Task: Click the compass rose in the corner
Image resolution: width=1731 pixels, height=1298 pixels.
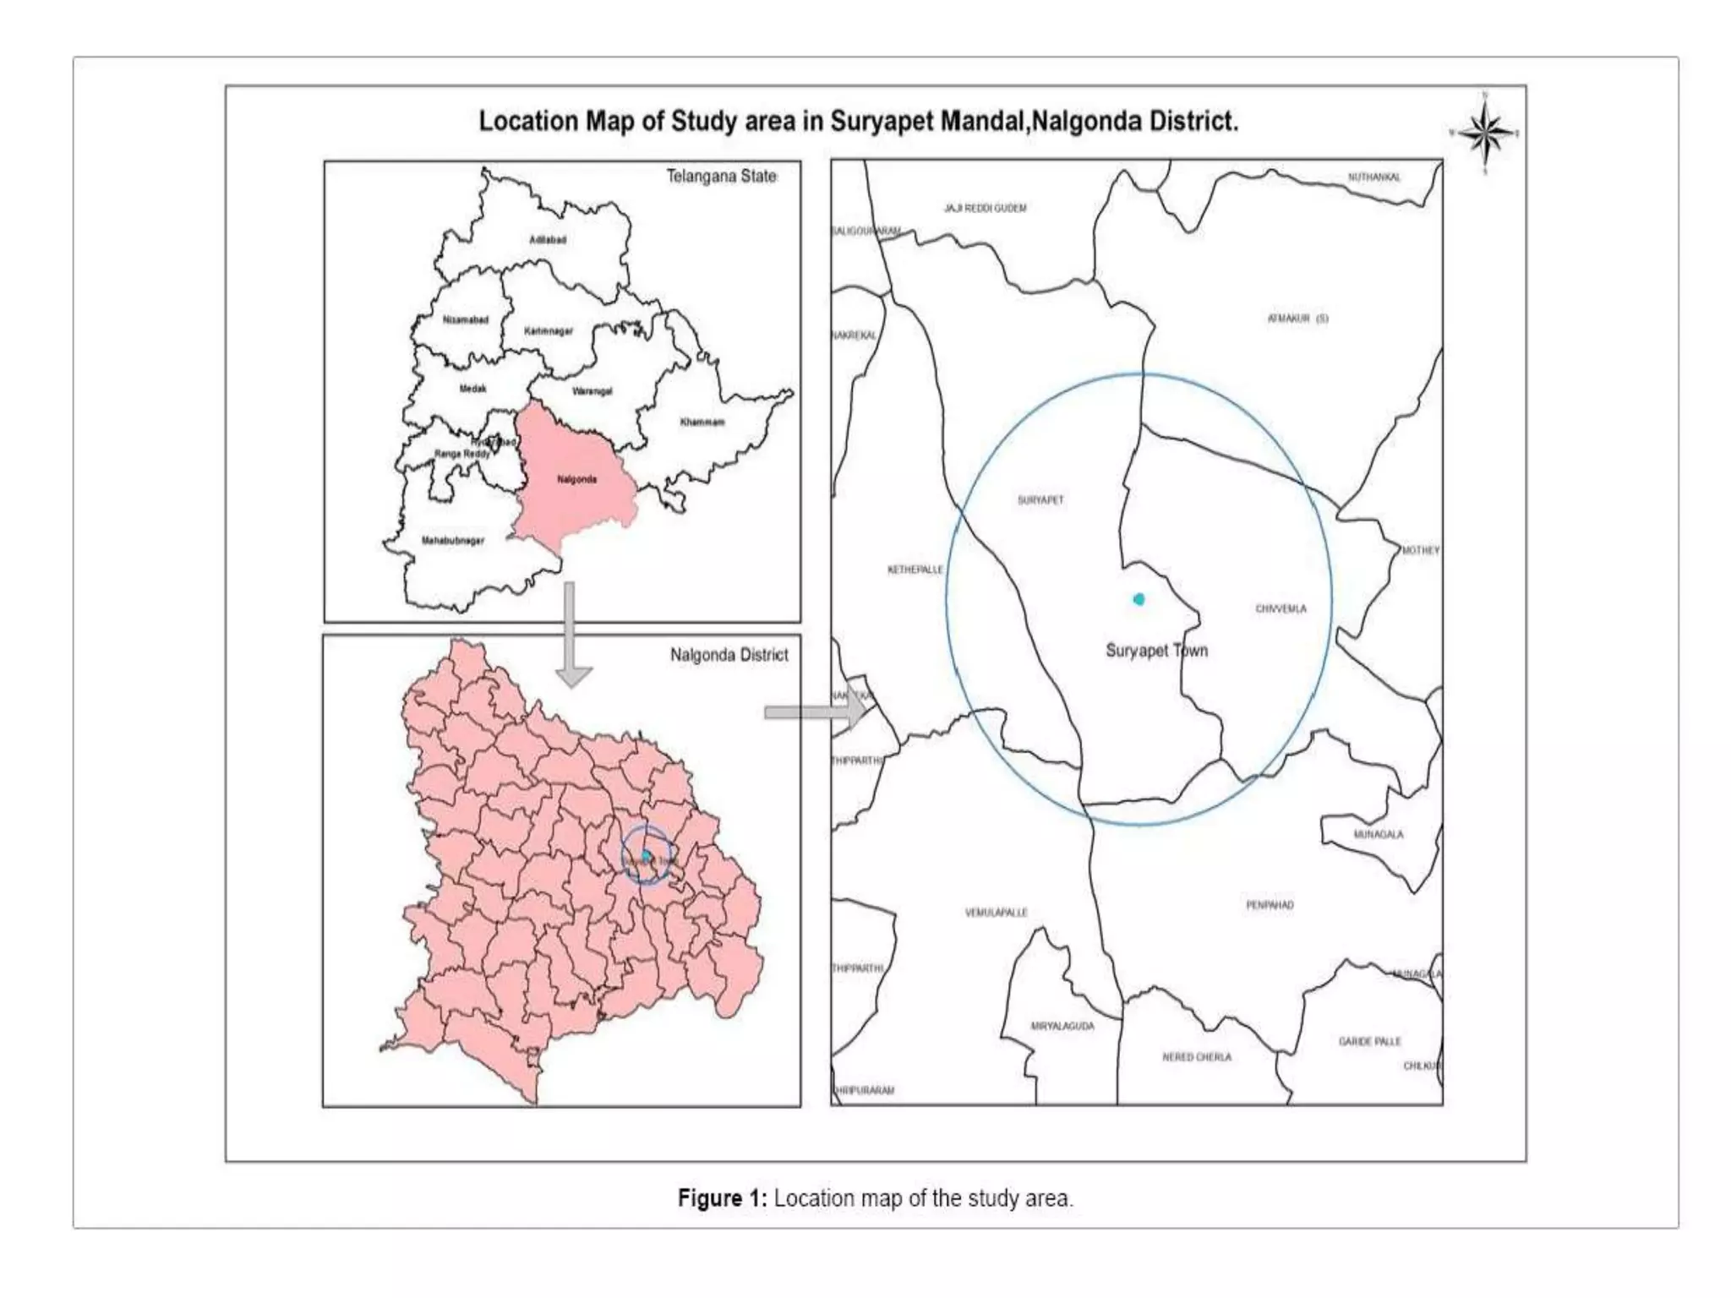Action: pos(1486,134)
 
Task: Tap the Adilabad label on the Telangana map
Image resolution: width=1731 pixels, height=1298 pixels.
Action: pos(548,240)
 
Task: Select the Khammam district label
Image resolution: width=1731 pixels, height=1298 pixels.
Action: pos(702,422)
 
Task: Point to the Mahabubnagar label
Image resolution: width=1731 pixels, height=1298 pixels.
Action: pos(453,541)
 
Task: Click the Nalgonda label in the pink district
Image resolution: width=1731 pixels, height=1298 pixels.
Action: pos(577,480)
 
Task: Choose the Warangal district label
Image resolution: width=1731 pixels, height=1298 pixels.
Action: pos(592,391)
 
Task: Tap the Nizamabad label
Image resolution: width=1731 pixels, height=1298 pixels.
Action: pos(466,319)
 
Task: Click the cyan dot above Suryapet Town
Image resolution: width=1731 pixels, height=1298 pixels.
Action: pos(1139,599)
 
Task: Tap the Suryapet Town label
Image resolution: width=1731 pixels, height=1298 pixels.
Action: pos(1156,651)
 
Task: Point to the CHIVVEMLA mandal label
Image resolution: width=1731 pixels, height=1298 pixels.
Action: pos(1281,608)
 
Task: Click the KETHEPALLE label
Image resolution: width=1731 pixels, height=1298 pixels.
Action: pos(915,570)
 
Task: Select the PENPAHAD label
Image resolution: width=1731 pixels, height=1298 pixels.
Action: pos(1270,905)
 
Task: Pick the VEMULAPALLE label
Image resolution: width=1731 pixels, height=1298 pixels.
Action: pos(996,913)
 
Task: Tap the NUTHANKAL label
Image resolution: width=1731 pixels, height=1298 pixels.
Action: pos(1373,177)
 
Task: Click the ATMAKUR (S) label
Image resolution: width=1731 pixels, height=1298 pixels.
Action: pos(1297,319)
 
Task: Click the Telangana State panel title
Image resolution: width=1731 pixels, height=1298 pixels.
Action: pos(721,177)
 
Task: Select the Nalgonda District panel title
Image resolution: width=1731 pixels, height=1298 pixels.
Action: pos(729,655)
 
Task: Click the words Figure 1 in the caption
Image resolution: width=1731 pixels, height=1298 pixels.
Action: pos(722,1198)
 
